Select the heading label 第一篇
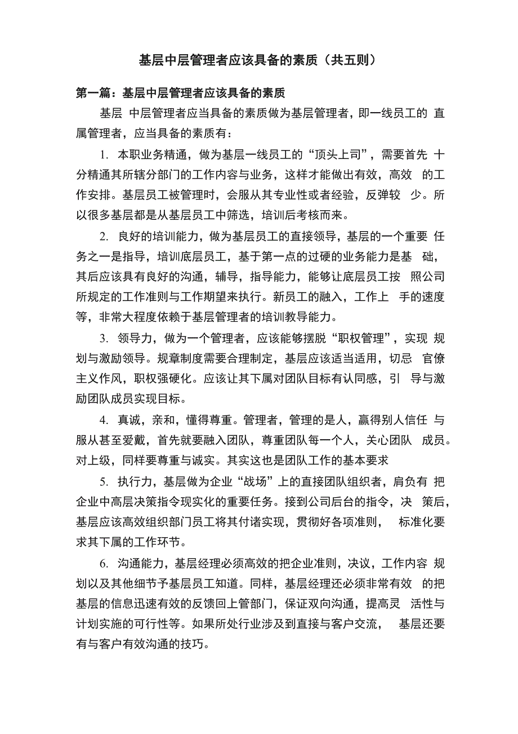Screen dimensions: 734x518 pyautogui.click(x=93, y=94)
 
